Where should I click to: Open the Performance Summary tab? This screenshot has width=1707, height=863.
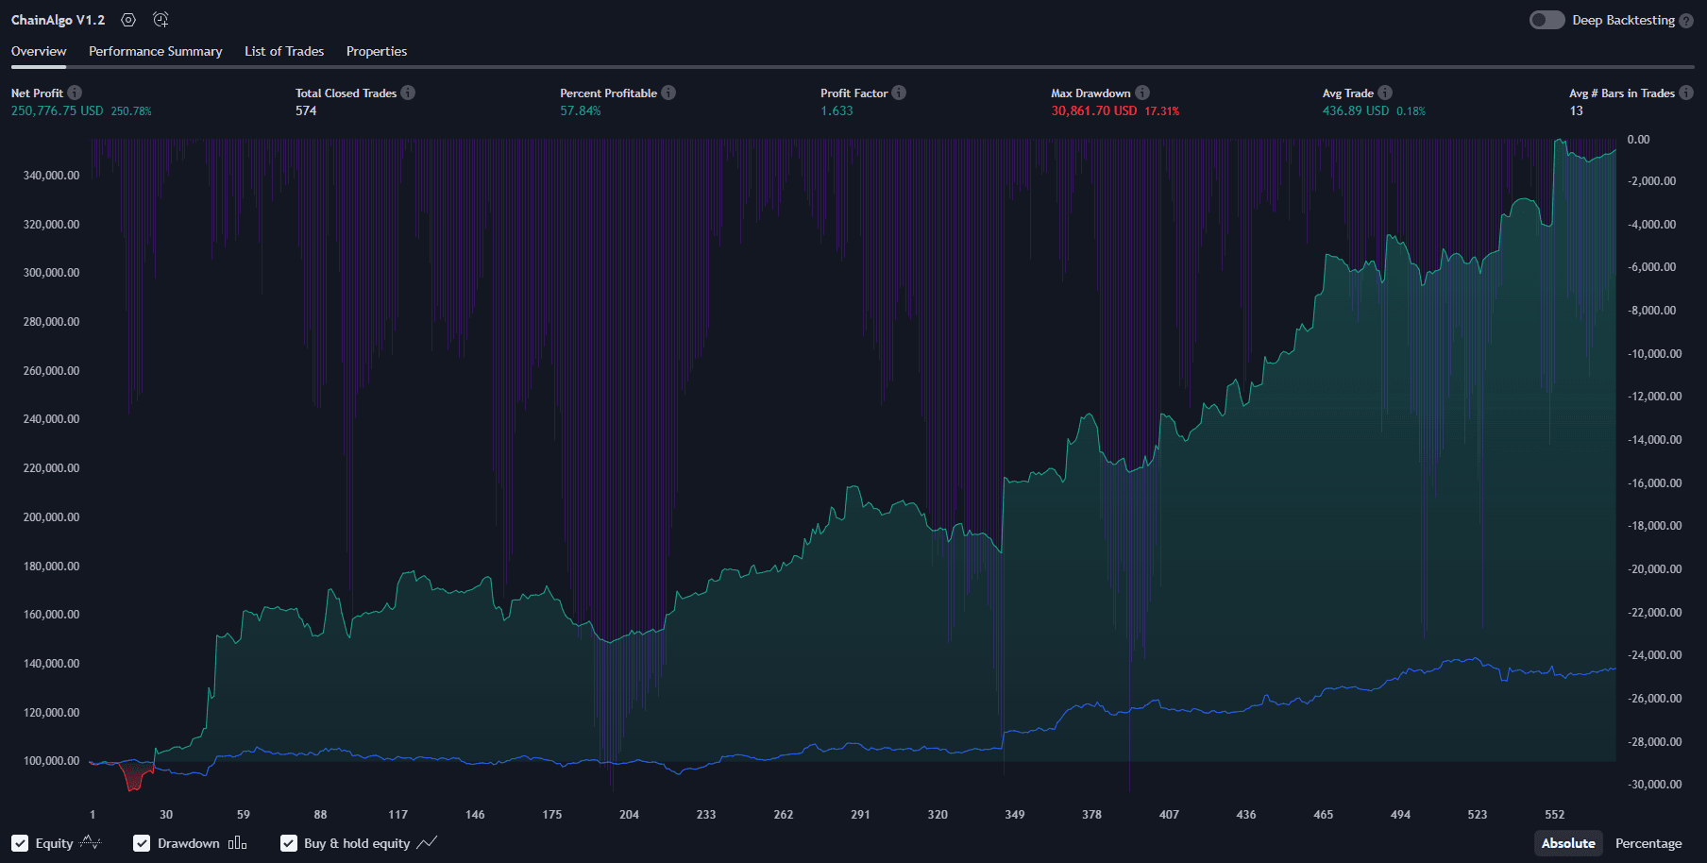click(x=155, y=51)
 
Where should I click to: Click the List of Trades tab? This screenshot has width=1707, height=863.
click(x=283, y=51)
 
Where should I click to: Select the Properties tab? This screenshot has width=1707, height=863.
click(x=376, y=51)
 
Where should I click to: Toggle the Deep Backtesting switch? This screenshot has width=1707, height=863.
click(x=1546, y=20)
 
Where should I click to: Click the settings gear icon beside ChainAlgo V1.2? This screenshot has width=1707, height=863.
click(x=128, y=20)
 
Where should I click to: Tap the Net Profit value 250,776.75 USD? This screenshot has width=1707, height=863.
click(x=57, y=110)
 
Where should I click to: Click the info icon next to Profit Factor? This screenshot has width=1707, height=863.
click(x=899, y=93)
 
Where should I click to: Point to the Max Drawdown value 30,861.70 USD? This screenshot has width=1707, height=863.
click(x=1093, y=110)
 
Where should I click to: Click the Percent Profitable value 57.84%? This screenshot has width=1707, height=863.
click(x=580, y=110)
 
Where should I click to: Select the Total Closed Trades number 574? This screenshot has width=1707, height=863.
click(x=306, y=110)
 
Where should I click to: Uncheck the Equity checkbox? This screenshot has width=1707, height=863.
click(x=20, y=843)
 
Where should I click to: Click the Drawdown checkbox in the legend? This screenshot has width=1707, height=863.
click(x=142, y=843)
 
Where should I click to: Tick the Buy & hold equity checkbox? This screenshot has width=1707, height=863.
click(x=289, y=843)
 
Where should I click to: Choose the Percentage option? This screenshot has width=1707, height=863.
click(x=1648, y=843)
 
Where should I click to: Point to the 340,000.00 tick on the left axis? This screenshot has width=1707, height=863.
click(x=51, y=176)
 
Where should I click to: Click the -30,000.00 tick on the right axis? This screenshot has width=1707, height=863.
click(x=1654, y=785)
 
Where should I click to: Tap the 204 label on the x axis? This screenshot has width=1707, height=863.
click(x=629, y=814)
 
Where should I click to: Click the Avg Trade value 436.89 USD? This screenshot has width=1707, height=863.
click(x=1355, y=110)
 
